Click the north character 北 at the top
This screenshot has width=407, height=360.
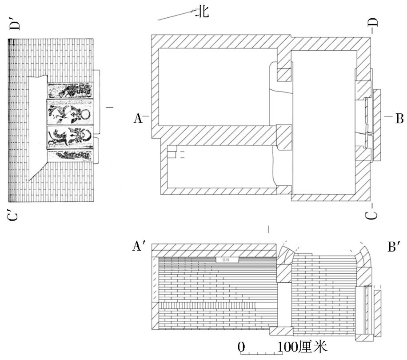pyautogui.click(x=202, y=12)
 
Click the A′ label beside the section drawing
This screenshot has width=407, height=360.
pyautogui.click(x=139, y=247)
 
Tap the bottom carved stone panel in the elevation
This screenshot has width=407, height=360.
pyautogui.click(x=71, y=156)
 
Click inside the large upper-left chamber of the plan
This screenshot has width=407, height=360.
pyautogui.click(x=213, y=87)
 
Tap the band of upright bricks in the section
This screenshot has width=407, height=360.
pyautogui.click(x=207, y=305)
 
